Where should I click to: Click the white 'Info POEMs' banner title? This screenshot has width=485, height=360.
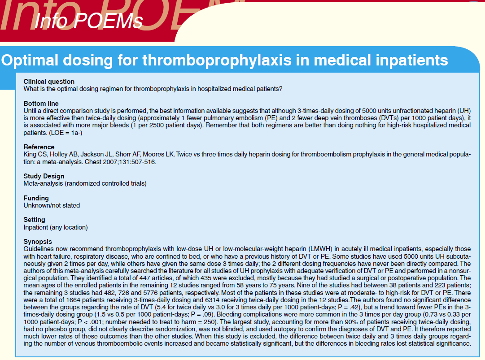click(x=88, y=21)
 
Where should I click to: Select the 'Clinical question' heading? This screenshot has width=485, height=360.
click(x=49, y=82)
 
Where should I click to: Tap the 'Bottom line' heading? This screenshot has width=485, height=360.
click(x=41, y=104)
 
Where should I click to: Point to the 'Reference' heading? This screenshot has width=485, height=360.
click(x=39, y=147)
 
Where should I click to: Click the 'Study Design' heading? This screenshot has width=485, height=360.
click(x=44, y=176)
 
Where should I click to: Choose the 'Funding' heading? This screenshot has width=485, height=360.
click(x=36, y=198)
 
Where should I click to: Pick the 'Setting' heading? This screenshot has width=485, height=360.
click(x=34, y=220)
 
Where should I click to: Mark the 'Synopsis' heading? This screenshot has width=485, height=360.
click(x=38, y=242)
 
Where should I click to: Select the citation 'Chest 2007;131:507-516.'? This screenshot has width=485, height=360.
click(x=120, y=161)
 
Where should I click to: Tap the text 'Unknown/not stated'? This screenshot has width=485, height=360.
click(x=52, y=205)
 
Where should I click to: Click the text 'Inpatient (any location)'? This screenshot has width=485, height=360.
click(x=56, y=227)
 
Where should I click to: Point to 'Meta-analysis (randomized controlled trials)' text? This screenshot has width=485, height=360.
click(x=85, y=183)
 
